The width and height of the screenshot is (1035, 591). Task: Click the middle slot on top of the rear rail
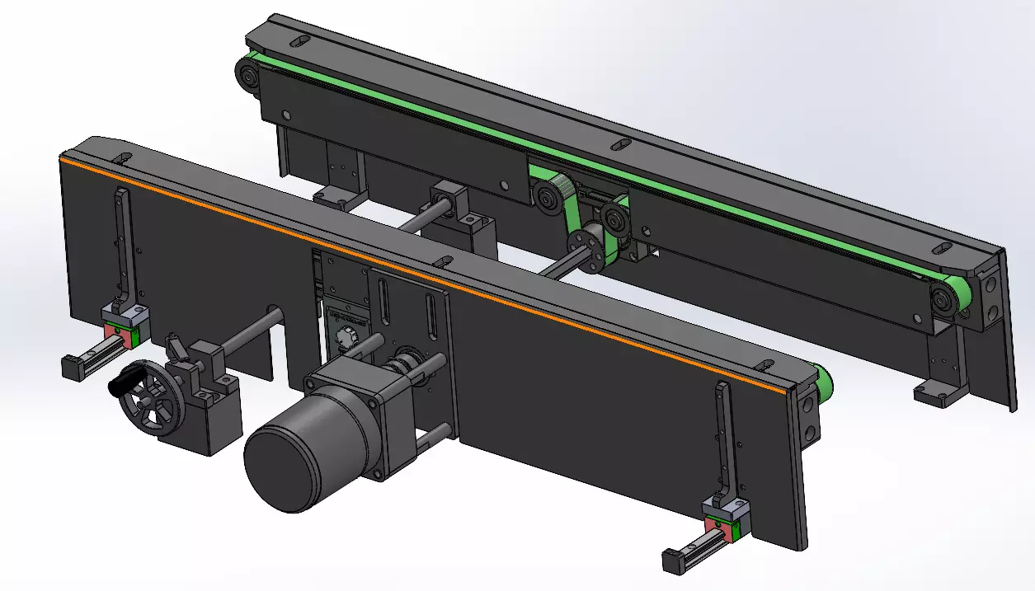(x=619, y=145)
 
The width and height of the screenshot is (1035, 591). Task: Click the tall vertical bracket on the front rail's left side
(x=123, y=247)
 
